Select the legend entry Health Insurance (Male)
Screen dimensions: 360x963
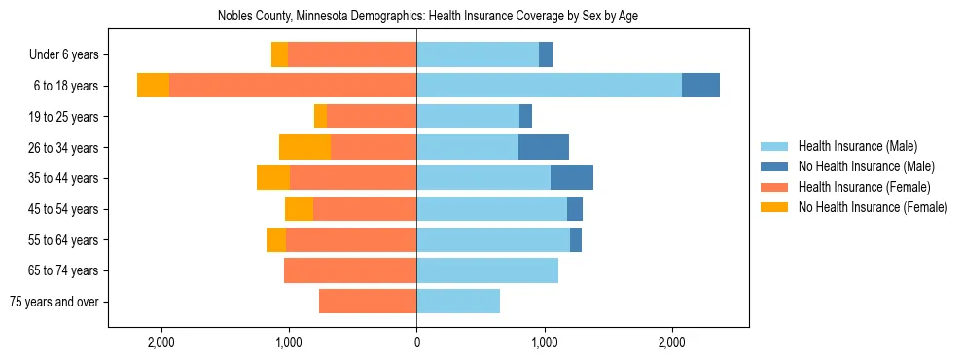[x=857, y=147]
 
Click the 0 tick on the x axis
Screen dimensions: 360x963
[x=416, y=342]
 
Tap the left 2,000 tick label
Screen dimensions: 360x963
[x=160, y=342]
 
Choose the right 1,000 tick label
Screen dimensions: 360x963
[x=545, y=342]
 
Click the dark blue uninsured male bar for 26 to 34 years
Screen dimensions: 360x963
[x=544, y=148]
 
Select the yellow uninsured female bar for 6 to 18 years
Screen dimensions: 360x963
[x=153, y=86]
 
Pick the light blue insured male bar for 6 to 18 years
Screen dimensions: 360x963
[x=549, y=86]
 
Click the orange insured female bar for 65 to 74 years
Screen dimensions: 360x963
[x=350, y=270]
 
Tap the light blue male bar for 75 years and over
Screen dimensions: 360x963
[x=458, y=302]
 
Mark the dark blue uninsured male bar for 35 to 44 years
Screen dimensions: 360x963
[x=572, y=178]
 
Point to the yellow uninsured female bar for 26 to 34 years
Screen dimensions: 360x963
[x=304, y=148]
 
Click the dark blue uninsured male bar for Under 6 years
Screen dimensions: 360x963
[x=546, y=55]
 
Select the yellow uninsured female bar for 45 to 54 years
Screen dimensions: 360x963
[x=299, y=209]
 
